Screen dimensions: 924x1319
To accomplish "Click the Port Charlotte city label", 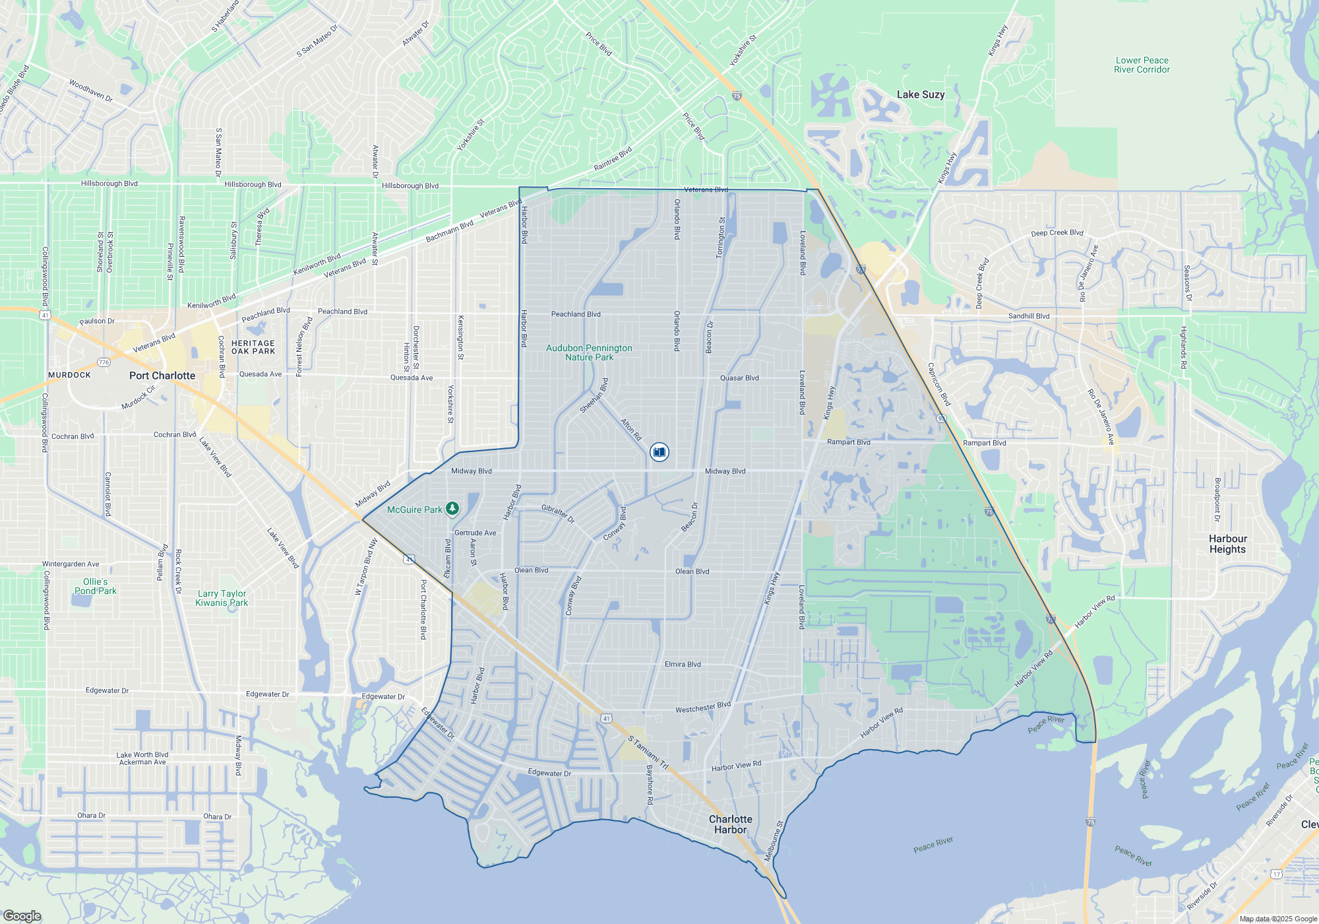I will coord(162,376).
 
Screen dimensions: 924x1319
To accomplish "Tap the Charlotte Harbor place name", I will coord(731,824).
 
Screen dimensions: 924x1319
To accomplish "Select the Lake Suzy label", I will coord(921,94).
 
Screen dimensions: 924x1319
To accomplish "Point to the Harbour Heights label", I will coord(1227,544).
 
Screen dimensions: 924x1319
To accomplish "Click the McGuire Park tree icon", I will coord(452,508).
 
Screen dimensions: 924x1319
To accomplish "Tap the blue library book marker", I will coord(659,451).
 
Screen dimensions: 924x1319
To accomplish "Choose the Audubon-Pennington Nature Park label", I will coord(589,352).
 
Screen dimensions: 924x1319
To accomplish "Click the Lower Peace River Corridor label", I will coord(1142,65).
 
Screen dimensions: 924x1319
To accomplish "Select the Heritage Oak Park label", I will coord(253,347).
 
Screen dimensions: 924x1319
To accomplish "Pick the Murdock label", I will coord(69,375).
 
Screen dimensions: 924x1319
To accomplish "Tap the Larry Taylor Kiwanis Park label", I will coord(222,598).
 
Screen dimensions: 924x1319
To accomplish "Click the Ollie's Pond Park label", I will coord(96,586).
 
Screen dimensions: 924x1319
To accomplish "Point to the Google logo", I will coord(22,915).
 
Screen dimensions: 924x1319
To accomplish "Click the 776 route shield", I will coord(104,362).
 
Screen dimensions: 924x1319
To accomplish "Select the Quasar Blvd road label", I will coord(739,378).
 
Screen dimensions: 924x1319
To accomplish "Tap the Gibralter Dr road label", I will coord(558,513).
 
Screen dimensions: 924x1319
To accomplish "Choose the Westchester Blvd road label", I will coord(703,708).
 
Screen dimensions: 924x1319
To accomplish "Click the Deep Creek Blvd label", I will coord(1057,233).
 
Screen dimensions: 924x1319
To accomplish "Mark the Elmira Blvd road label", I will coord(683,665).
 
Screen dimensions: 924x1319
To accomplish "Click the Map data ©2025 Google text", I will coord(1278,919).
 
